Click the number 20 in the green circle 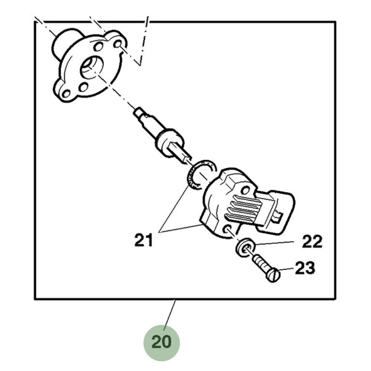pyautogui.click(x=161, y=342)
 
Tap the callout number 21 pyautogui.click(x=143, y=240)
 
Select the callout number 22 pyautogui.click(x=312, y=242)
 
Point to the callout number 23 pyautogui.click(x=305, y=268)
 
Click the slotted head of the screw pyautogui.click(x=273, y=275)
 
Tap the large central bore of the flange pyautogui.click(x=92, y=68)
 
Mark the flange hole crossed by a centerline pyautogui.click(x=117, y=44)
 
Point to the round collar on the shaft pyautogui.click(x=169, y=142)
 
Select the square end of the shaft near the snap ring pyautogui.click(x=180, y=154)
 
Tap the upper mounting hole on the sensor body pyautogui.click(x=246, y=190)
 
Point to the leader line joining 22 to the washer pyautogui.click(x=274, y=243)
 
